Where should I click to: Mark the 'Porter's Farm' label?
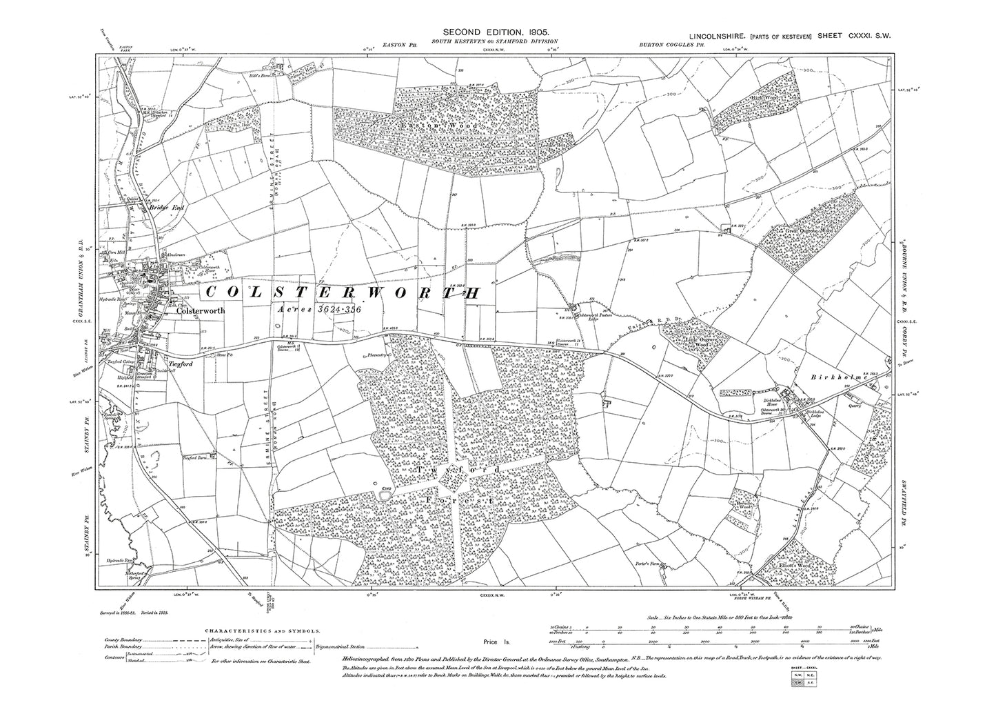[645, 564]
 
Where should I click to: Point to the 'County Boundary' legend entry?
[123, 641]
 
